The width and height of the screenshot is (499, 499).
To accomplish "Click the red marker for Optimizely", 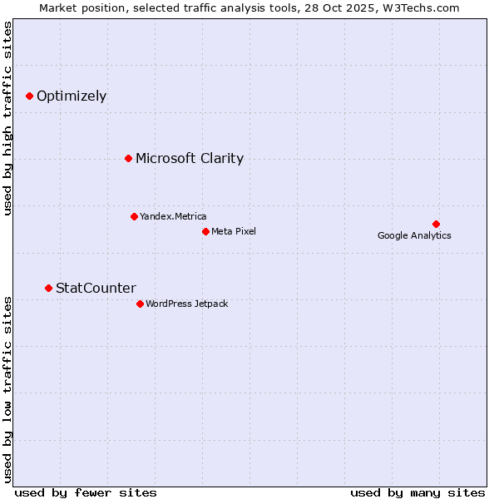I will [29, 96].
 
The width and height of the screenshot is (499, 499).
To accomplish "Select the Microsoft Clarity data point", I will [128, 158].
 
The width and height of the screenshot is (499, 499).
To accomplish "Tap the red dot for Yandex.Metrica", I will [134, 216].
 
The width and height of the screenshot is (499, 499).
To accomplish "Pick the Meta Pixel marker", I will [205, 231].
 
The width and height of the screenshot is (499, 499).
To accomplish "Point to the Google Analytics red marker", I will [436, 224].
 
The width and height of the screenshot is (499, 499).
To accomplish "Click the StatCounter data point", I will [48, 288].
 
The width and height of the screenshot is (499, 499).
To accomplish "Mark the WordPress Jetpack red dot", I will [140, 304].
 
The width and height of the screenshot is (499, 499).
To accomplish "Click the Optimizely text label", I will [72, 96].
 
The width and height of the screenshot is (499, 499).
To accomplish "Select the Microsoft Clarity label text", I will [190, 158].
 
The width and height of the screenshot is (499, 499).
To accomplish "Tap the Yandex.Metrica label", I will [173, 216].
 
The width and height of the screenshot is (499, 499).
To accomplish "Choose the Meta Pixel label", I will [234, 231].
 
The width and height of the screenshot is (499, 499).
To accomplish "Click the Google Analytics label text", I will [414, 235].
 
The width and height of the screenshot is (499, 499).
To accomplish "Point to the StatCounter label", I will [96, 288].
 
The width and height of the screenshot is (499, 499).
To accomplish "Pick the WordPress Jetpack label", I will [186, 304].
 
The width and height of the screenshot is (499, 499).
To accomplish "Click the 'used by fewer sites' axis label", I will [86, 492].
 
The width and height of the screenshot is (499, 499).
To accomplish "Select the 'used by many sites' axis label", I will [417, 492].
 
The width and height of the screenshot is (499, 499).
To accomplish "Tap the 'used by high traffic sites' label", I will [8, 118].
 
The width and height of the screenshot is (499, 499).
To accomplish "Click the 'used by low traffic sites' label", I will [8, 388].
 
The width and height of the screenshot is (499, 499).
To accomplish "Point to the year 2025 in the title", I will [353, 7].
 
